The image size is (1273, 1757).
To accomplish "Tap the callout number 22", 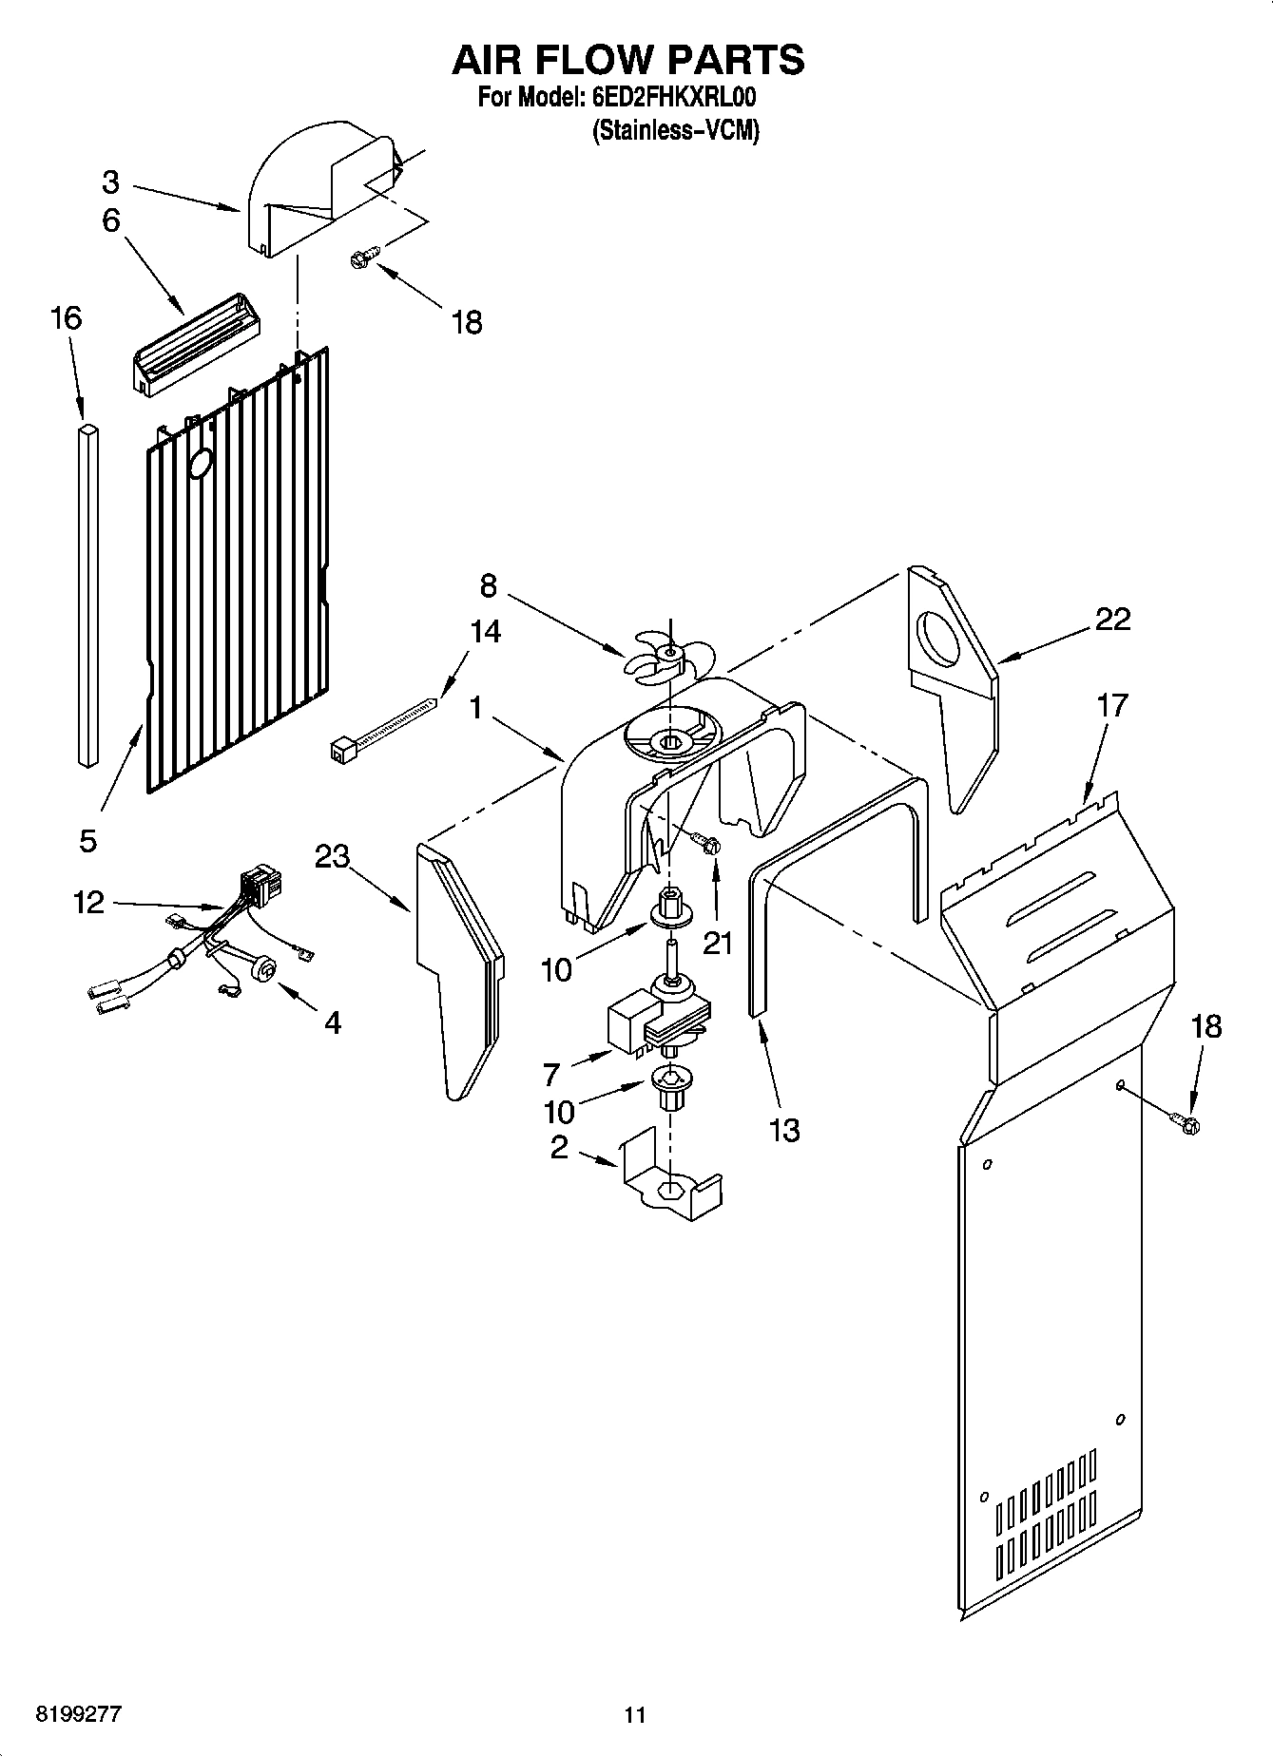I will [x=1112, y=619].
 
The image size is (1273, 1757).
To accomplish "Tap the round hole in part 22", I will [x=939, y=638].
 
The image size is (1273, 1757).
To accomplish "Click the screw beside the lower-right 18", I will [x=1186, y=1124].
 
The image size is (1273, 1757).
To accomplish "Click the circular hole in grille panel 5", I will [x=202, y=464].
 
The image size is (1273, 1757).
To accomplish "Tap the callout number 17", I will [x=1111, y=705].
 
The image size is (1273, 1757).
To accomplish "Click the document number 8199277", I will [x=78, y=1714].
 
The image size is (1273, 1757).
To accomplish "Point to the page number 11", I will [x=635, y=1714].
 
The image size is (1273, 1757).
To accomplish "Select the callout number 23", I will [x=332, y=856].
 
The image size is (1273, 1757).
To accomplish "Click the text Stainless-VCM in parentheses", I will [x=675, y=131].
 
